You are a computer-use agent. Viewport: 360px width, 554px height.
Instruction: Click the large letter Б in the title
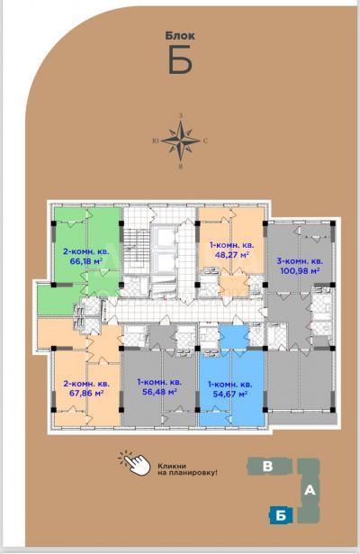[x=180, y=59]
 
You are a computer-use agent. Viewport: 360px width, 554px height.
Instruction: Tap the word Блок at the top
[x=180, y=36]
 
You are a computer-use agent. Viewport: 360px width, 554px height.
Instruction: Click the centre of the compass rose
[x=181, y=141]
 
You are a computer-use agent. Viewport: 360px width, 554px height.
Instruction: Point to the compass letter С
[x=205, y=141]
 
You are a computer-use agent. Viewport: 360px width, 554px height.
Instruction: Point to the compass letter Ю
[x=155, y=141]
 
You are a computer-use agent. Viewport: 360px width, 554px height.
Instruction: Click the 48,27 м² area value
[x=232, y=254]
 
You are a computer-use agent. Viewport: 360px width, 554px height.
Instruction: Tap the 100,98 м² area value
[x=300, y=271]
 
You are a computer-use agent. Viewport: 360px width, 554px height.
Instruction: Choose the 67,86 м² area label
[x=86, y=393]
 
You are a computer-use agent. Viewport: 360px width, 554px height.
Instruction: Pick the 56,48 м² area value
[x=159, y=392]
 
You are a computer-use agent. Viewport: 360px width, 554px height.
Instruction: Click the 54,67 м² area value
[x=229, y=394]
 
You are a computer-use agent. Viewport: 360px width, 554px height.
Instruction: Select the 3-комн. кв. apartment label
[x=300, y=262]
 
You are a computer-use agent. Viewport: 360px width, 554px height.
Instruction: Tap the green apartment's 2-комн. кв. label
[x=86, y=252]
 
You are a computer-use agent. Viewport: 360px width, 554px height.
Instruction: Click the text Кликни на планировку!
[x=187, y=469]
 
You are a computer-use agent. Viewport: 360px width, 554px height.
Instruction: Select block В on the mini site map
[x=268, y=467]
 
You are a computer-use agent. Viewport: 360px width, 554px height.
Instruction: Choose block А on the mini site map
[x=310, y=490]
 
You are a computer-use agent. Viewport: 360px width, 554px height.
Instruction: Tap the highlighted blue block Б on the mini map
[x=281, y=516]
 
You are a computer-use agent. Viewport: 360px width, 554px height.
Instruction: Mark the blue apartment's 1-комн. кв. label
[x=230, y=385]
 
